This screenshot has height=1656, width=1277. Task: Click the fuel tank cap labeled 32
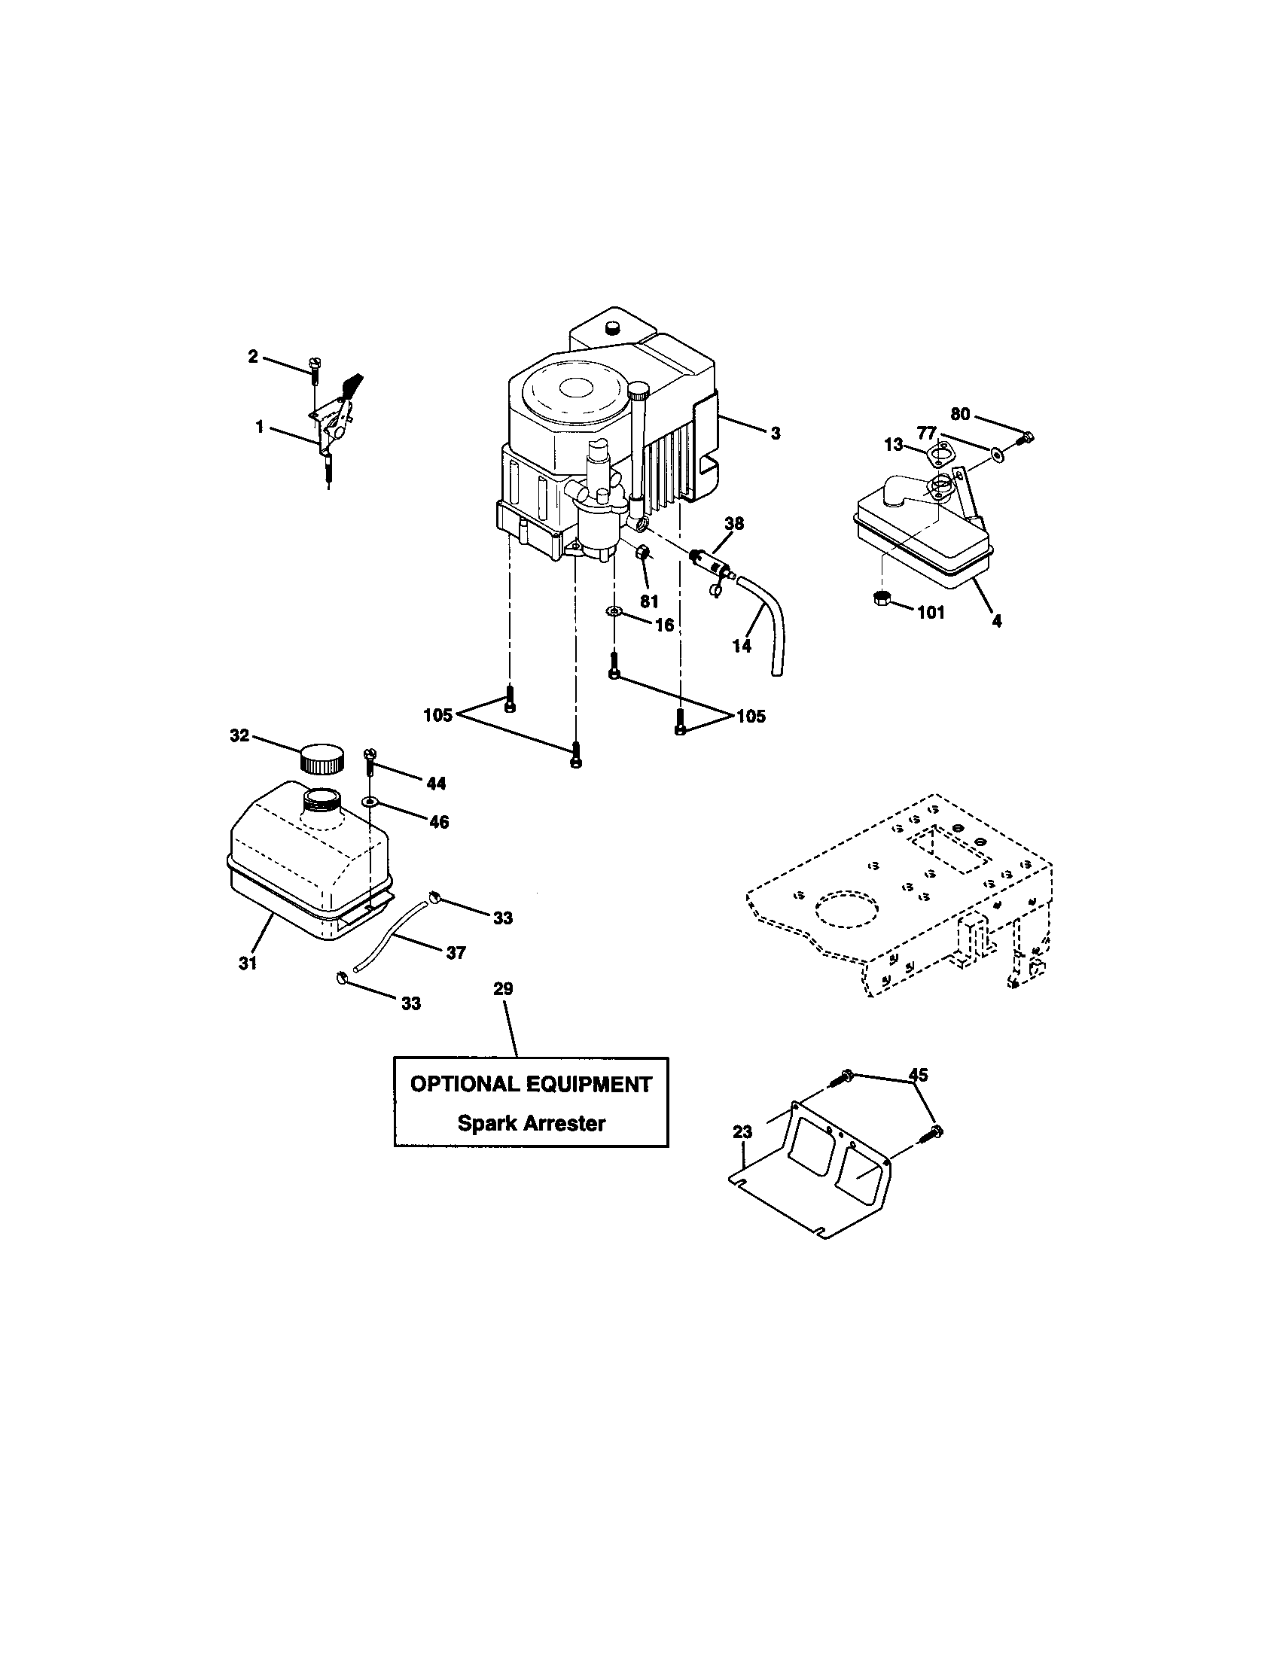point(322,758)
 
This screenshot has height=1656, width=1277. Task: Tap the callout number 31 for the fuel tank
point(248,963)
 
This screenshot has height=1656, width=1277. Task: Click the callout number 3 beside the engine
point(775,434)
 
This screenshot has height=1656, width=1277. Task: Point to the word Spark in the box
point(484,1123)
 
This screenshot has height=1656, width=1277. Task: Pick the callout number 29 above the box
point(503,989)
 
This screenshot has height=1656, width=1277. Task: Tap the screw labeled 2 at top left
point(313,370)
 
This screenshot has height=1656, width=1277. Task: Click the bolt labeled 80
point(1026,437)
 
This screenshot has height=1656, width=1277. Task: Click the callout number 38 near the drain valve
point(734,523)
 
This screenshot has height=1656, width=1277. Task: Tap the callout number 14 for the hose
point(742,646)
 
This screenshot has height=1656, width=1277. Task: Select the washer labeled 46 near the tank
point(368,801)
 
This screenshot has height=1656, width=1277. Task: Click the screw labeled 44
point(370,760)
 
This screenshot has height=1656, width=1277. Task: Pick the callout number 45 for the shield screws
point(918,1074)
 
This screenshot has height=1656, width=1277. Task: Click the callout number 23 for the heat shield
point(742,1132)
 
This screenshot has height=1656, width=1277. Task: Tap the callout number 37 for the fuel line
point(456,953)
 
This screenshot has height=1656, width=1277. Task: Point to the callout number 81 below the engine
point(649,601)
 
